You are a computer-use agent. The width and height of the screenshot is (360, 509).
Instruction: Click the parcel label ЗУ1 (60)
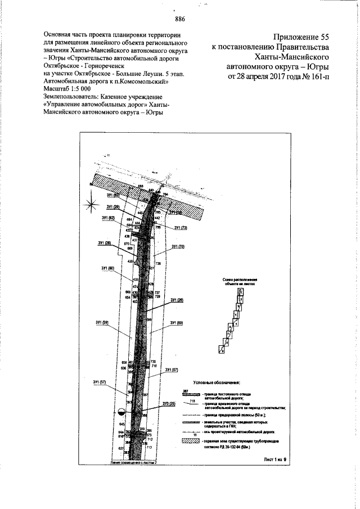108,268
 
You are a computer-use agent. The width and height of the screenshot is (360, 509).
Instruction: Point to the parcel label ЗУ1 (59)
102,322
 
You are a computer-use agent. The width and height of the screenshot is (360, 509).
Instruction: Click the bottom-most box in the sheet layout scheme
223,349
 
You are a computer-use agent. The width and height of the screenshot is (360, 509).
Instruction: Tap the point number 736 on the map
158,263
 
